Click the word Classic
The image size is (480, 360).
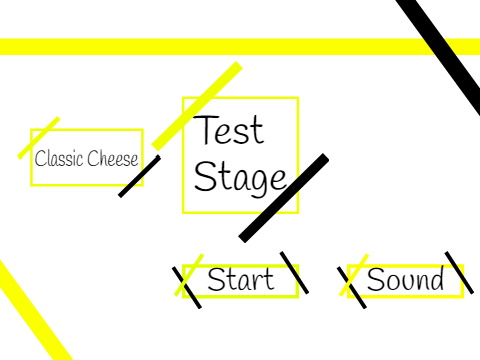59,158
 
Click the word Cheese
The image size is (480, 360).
113,158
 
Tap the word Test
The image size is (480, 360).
229,130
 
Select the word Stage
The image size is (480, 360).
240,177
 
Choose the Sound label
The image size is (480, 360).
405,279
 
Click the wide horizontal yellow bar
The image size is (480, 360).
240,47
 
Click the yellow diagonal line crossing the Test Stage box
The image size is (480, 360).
197,106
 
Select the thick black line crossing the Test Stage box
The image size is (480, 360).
284,198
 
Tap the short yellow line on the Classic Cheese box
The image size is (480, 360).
39,138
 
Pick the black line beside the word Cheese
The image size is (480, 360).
139,176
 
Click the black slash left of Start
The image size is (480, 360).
187,288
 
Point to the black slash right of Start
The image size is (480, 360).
294,273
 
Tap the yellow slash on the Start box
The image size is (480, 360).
189,275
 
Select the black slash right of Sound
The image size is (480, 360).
459,273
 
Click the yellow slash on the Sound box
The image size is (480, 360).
354,275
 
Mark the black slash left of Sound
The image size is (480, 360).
352,288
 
